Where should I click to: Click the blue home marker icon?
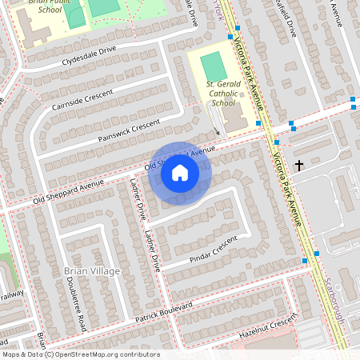[180, 173]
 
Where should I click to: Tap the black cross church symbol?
[299, 166]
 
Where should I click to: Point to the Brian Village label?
[91, 271]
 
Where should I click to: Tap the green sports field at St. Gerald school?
[213, 64]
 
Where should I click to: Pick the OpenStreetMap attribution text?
[80, 354]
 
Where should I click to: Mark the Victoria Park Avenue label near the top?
[250, 72]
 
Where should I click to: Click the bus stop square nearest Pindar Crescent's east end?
[305, 262]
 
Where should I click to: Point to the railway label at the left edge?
[11, 294]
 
